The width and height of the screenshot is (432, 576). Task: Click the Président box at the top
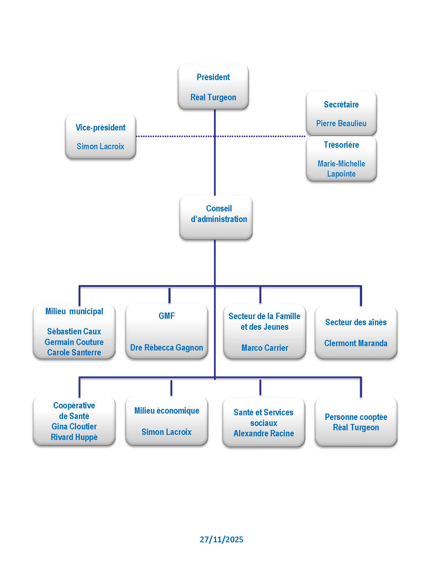(213, 87)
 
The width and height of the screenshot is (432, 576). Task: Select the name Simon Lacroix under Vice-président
(100, 146)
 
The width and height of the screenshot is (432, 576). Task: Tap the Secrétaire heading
(341, 104)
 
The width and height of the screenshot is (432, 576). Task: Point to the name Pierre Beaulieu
(341, 123)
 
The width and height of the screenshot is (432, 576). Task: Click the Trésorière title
(341, 145)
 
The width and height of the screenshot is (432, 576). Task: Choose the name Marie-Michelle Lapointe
(341, 168)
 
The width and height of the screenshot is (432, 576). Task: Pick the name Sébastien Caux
(74, 331)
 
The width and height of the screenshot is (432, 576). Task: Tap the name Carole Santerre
(74, 352)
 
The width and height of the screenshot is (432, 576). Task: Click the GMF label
(166, 316)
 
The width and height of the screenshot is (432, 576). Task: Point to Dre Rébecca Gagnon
(166, 347)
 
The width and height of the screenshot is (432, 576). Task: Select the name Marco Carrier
(264, 348)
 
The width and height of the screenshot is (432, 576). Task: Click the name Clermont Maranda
(356, 343)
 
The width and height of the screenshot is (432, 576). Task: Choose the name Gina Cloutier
(74, 426)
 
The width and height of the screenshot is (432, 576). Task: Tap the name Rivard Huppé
(74, 437)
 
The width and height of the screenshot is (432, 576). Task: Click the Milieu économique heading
(166, 410)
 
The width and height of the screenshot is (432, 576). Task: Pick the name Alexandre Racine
(264, 433)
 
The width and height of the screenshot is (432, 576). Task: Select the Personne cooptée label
(356, 417)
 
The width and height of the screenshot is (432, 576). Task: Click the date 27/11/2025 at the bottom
(221, 539)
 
